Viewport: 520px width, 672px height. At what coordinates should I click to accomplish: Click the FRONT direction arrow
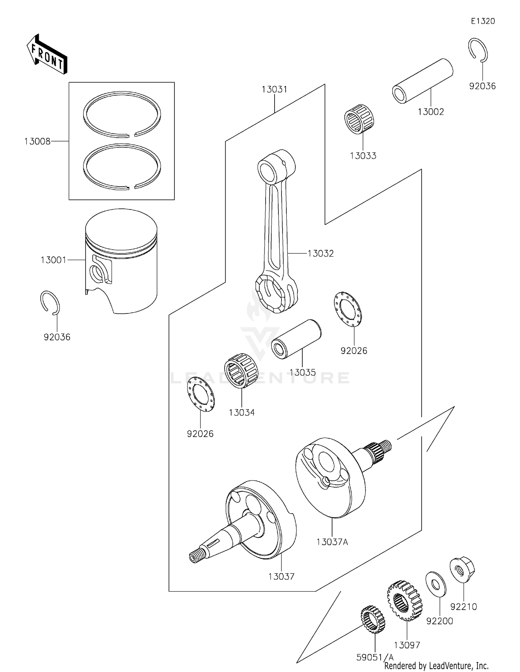47,54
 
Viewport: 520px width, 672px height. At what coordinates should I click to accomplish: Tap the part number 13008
37,141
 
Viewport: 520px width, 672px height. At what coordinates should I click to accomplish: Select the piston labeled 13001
121,260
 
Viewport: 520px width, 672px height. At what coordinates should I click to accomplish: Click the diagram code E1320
483,21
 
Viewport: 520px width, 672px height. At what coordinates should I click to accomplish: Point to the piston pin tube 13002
423,81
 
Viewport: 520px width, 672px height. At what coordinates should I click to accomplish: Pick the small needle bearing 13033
359,119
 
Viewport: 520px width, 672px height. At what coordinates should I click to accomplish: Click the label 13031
274,89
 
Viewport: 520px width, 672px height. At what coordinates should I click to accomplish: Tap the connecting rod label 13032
321,253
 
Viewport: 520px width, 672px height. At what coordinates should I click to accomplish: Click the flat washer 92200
436,585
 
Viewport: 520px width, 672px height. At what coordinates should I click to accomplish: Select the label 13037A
332,542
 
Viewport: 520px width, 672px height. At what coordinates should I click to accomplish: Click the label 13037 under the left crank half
281,577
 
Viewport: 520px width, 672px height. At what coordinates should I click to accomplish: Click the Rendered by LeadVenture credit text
436,665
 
